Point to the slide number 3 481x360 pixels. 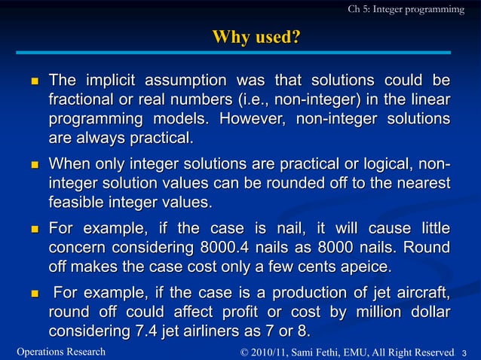pyautogui.click(x=464, y=352)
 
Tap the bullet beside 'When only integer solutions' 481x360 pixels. pyautogui.click(x=32, y=164)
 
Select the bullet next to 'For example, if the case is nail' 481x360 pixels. pyautogui.click(x=32, y=229)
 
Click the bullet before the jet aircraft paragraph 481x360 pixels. pyautogui.click(x=32, y=294)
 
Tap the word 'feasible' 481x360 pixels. pyautogui.click(x=77, y=203)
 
